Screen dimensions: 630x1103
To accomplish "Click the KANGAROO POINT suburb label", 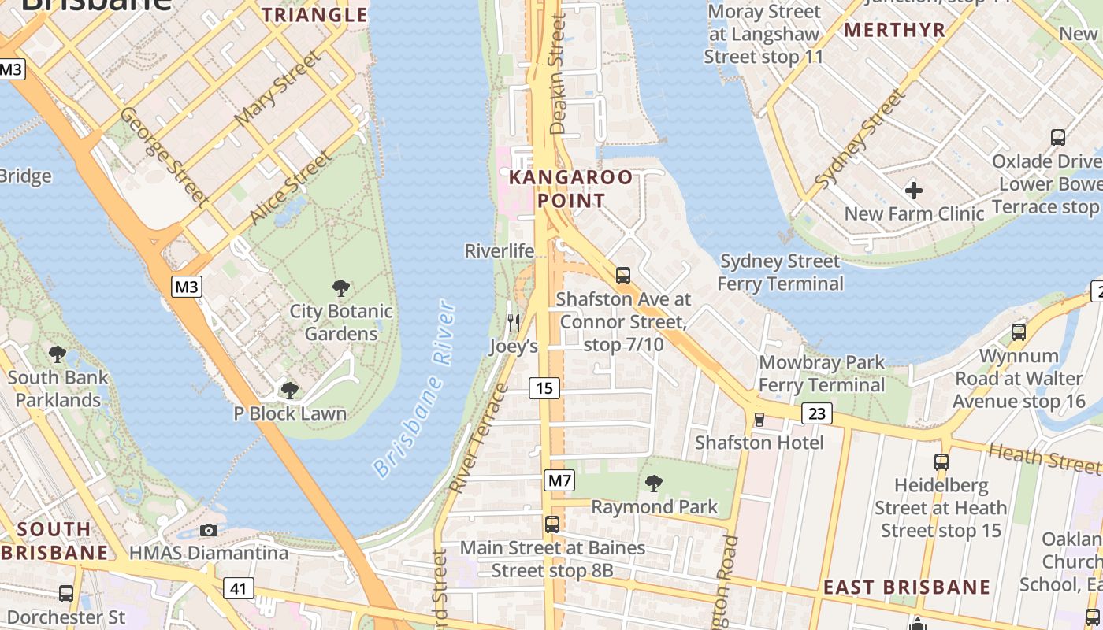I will [x=570, y=188].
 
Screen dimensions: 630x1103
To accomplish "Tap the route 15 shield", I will [x=544, y=387].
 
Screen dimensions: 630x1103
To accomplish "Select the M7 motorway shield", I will [x=559, y=480].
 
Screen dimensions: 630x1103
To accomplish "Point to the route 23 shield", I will [x=817, y=413].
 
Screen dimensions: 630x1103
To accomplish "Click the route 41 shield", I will [x=238, y=587].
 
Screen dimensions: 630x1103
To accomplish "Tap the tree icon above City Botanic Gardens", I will [x=341, y=288].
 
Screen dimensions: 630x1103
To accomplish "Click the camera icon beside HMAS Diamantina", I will [x=209, y=530].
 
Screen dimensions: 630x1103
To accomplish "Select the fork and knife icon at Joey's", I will [x=514, y=322].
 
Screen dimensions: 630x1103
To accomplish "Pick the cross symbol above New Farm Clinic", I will [x=914, y=190].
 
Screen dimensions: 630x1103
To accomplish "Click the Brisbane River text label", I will [x=414, y=389].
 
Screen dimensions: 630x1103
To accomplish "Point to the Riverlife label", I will [x=500, y=251].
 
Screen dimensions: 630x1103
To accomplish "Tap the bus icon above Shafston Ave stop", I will [x=623, y=276].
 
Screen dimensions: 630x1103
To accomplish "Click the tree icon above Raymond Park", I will [x=654, y=483].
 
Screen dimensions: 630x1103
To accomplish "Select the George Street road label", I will [x=164, y=155].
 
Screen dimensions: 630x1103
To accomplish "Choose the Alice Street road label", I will [x=290, y=187].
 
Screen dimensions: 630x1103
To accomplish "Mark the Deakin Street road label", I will [x=559, y=75].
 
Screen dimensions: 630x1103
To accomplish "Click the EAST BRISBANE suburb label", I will [x=906, y=587].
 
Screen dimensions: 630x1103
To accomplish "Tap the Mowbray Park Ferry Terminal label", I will [x=822, y=374].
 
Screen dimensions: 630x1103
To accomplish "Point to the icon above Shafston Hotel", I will [x=759, y=419].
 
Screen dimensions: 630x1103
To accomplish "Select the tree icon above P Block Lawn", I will [x=290, y=390].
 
